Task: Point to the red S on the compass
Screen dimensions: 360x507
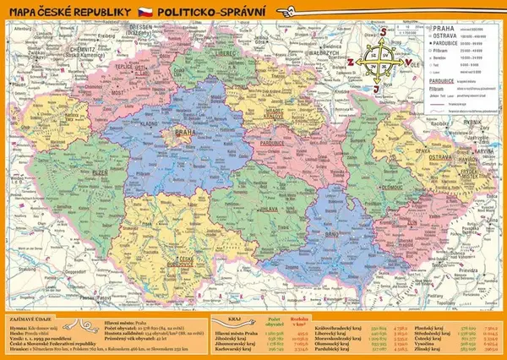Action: point(380,33)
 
